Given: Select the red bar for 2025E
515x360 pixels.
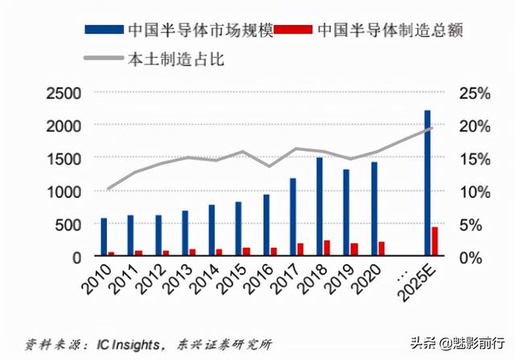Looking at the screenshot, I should [435, 242].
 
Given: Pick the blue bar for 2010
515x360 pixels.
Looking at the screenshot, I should [104, 237].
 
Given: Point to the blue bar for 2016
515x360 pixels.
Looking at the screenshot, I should [266, 226].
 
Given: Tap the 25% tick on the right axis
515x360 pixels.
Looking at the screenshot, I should [474, 93].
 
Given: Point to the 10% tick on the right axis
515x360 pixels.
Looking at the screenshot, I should [474, 192].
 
